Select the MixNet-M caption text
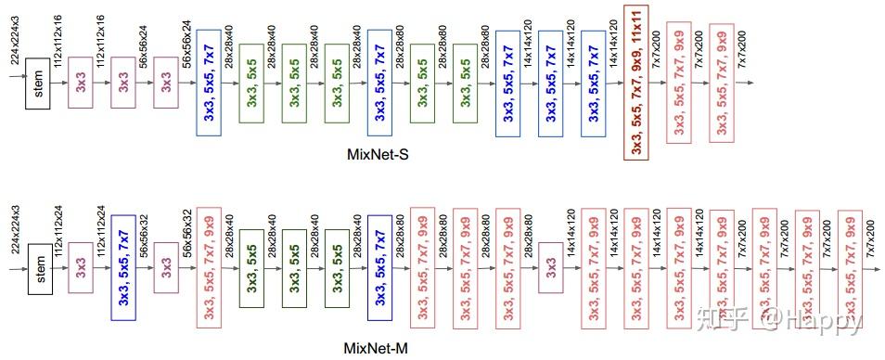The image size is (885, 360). [x=375, y=348]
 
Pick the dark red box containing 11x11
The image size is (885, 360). [x=636, y=82]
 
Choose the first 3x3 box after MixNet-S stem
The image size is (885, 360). [x=81, y=82]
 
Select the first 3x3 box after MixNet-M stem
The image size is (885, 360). [x=81, y=268]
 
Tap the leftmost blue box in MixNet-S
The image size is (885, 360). [x=209, y=82]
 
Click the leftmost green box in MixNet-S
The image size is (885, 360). [x=251, y=82]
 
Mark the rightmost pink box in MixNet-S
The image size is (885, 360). [x=722, y=82]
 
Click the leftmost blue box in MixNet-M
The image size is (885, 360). [x=123, y=268]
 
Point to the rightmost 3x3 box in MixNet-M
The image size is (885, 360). [x=551, y=268]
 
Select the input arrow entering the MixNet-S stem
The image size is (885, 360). [x=15, y=82]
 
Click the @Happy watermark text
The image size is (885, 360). [x=819, y=322]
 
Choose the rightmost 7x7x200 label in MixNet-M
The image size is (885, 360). [x=869, y=226]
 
